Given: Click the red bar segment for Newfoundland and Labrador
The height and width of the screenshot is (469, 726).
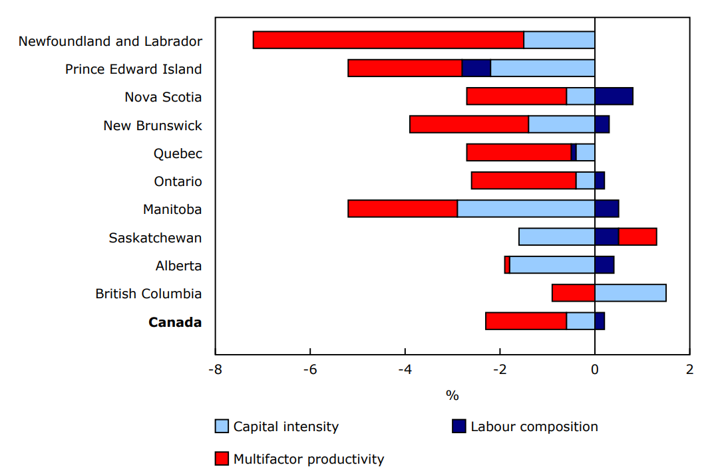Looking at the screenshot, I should [x=388, y=40].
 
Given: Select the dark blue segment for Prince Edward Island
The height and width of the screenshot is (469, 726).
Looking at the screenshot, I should [x=476, y=68].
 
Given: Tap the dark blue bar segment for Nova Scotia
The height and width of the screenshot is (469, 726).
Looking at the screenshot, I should [x=614, y=96].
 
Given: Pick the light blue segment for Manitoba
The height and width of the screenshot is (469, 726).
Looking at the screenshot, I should [x=526, y=209].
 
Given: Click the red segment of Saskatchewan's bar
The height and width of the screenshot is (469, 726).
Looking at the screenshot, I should [x=637, y=236].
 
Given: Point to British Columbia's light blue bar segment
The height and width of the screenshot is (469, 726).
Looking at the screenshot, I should [x=630, y=293].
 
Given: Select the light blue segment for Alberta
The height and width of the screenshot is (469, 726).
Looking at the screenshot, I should [x=552, y=265].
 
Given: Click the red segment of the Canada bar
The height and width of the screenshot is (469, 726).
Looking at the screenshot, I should [x=526, y=321].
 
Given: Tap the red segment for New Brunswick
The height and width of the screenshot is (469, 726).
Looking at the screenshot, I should [x=469, y=124].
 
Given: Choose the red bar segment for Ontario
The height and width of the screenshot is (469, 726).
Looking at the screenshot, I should [x=523, y=181].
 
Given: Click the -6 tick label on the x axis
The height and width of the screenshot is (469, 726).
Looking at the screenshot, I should [x=309, y=369].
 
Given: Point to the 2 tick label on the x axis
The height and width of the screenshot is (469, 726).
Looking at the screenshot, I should [x=689, y=369].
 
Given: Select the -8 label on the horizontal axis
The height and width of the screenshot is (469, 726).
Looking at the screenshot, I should [x=215, y=369].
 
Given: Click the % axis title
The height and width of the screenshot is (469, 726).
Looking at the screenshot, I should [x=452, y=396].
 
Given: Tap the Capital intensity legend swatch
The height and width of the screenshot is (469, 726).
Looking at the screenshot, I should [x=222, y=426].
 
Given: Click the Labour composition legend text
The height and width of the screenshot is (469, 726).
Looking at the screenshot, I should [x=534, y=426].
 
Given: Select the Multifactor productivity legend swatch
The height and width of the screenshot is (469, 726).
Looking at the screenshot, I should [x=222, y=458].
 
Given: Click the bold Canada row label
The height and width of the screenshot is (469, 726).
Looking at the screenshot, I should [x=175, y=322].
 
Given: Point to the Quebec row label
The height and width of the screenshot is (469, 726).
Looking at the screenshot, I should [x=178, y=153].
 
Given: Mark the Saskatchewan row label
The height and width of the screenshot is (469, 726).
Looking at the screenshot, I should [x=155, y=238].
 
